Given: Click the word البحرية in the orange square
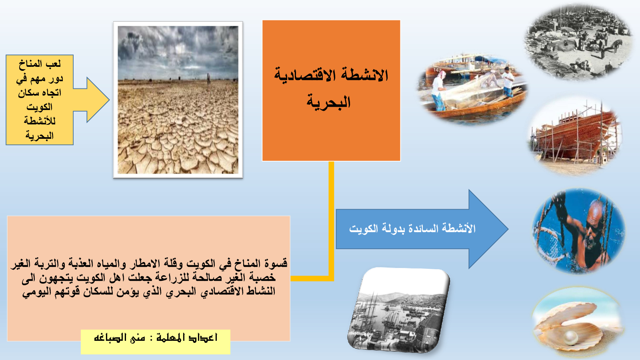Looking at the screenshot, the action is point(328,102).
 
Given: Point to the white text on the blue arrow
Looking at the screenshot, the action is point(412,228).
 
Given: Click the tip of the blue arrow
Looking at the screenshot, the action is point(508,229).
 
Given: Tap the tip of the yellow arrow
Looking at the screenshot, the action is point(109,100).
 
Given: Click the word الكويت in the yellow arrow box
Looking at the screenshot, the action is point(40,107).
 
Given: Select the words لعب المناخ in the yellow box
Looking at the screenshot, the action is point(40,64).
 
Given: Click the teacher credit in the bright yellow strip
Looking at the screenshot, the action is point(156,338).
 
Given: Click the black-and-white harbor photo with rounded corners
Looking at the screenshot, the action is point(399,310).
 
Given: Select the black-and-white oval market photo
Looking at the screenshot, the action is point(578,42).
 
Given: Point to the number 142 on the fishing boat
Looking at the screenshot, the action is point(438,70).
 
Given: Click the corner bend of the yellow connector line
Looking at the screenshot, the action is point(331,278).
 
